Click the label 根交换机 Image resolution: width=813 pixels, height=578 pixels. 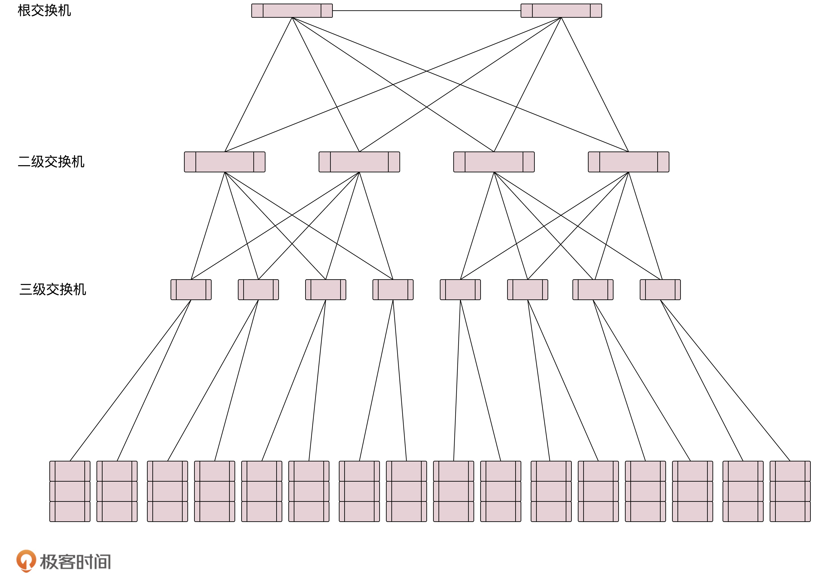pyautogui.click(x=44, y=11)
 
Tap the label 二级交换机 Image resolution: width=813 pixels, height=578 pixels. pyautogui.click(x=51, y=162)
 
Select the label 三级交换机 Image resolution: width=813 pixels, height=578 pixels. pyautogui.click(x=53, y=289)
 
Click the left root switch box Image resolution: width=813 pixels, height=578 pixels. pyautogui.click(x=292, y=11)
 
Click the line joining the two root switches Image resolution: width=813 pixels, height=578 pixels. pyautogui.click(x=426, y=11)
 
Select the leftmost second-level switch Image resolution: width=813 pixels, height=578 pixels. pyautogui.click(x=224, y=162)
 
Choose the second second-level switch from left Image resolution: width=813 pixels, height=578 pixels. pyautogui.click(x=359, y=162)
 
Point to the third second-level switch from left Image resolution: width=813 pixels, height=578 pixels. pyautogui.click(x=494, y=162)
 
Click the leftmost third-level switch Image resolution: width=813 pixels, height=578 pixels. pyautogui.click(x=191, y=290)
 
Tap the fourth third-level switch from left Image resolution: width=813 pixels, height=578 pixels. pyautogui.click(x=393, y=290)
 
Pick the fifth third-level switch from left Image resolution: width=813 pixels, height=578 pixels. pyautogui.click(x=460, y=290)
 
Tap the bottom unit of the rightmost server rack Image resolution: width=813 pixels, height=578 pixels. pyautogui.click(x=790, y=511)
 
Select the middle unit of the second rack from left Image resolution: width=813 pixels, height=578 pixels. pyautogui.click(x=117, y=491)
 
